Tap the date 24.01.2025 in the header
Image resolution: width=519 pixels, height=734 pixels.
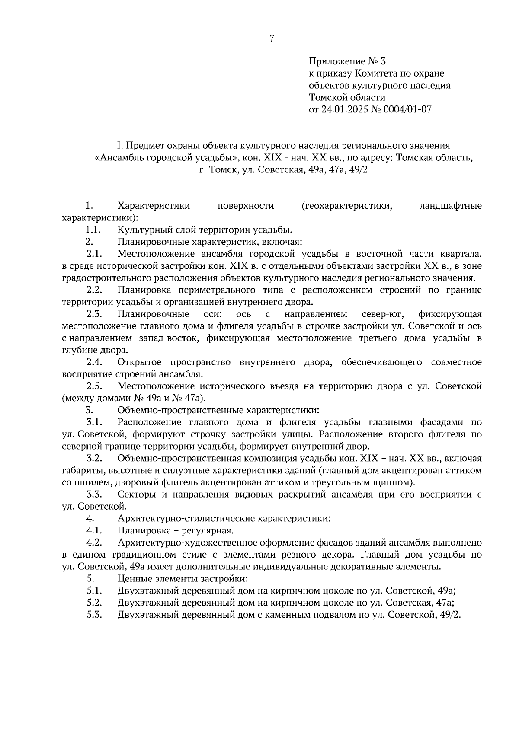[343, 109]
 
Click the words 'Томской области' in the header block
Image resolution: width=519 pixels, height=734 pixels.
[347, 97]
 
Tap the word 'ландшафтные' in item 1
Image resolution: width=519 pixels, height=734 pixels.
[451, 206]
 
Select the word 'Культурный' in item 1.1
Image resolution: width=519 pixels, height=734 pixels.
[143, 230]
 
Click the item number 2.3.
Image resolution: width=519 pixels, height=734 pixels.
[94, 314]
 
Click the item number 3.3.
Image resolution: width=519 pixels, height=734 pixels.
[94, 494]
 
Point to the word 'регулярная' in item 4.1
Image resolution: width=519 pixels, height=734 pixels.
[211, 530]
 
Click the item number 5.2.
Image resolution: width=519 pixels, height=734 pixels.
[94, 603]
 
